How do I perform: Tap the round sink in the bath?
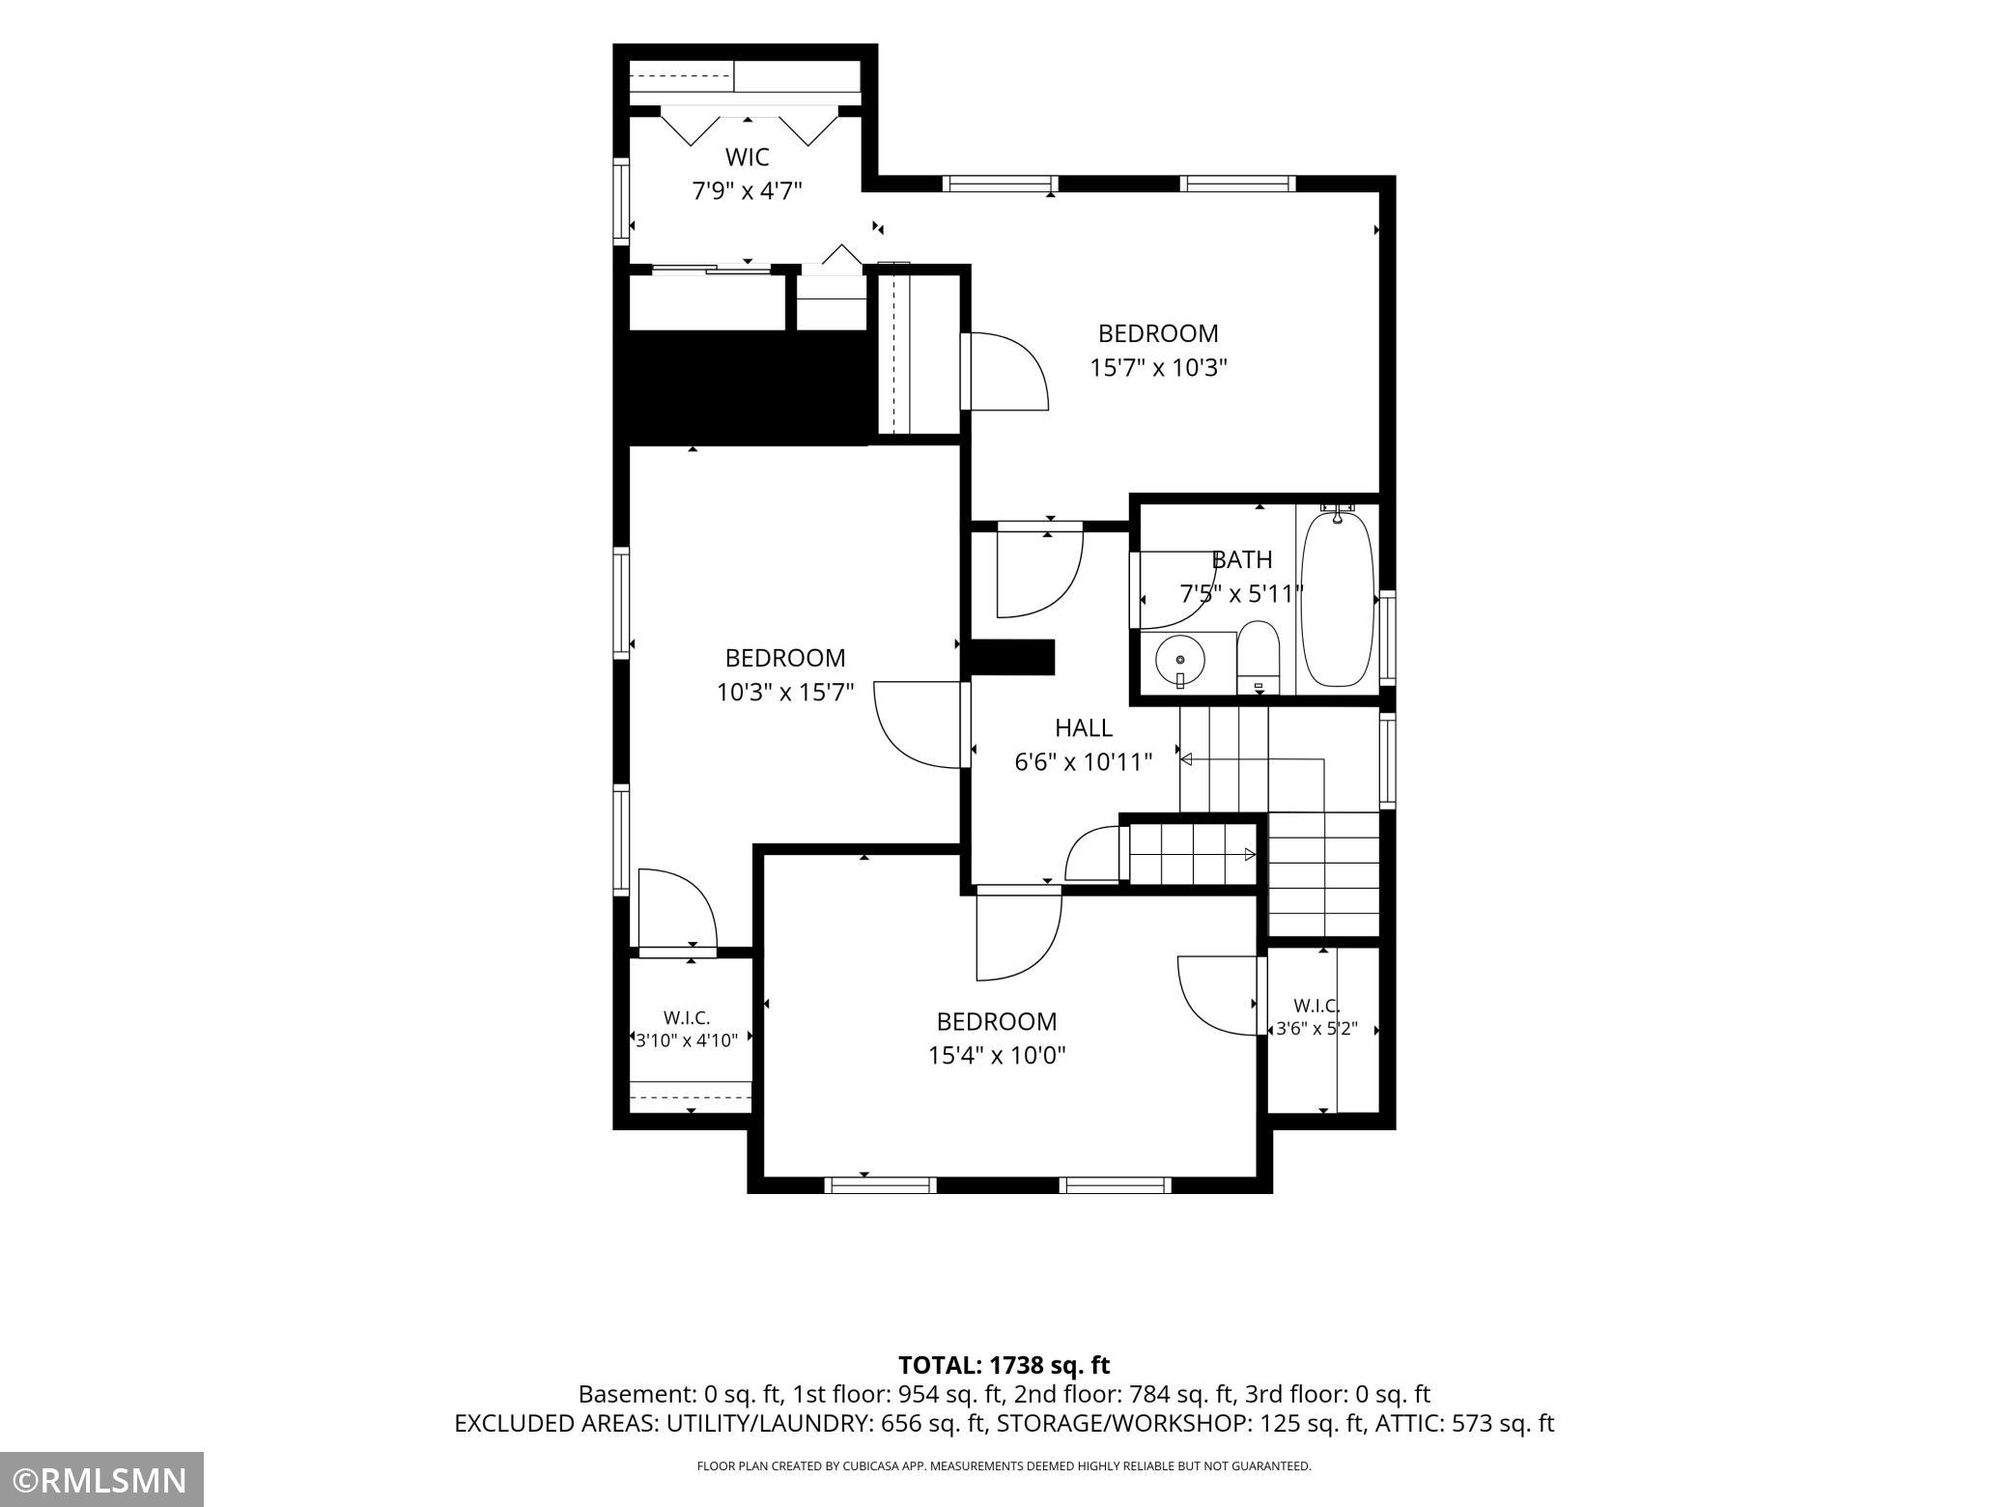[1180, 661]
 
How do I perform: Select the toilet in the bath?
[1259, 658]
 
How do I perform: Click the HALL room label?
[1084, 727]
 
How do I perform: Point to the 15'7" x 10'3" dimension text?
[1159, 368]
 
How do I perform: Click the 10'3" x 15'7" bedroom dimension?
[785, 693]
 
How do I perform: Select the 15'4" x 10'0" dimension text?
[997, 1056]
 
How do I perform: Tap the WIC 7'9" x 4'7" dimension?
[748, 191]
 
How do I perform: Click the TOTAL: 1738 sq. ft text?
[1004, 1365]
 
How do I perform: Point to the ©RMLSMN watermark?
[101, 1480]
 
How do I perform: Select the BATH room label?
[1242, 559]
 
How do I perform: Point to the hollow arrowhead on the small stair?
[1250, 855]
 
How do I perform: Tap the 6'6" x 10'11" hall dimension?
[1084, 762]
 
